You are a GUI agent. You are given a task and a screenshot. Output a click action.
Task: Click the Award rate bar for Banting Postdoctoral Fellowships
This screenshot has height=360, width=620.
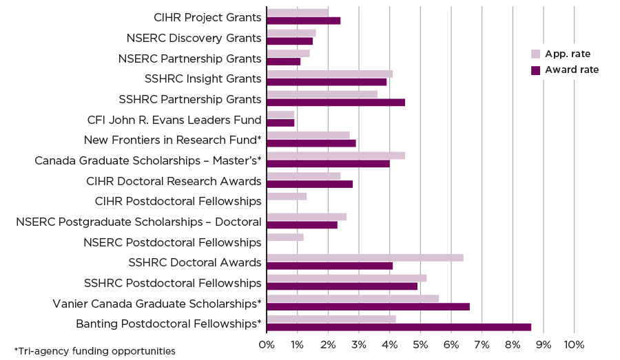(x=399, y=326)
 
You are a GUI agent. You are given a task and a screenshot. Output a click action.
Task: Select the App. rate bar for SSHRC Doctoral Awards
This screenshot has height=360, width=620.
(x=365, y=257)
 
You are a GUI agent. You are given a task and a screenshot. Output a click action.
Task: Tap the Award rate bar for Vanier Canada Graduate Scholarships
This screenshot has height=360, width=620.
(x=368, y=306)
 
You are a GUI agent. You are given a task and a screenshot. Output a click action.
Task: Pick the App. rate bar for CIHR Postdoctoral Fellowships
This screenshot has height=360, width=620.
(x=287, y=196)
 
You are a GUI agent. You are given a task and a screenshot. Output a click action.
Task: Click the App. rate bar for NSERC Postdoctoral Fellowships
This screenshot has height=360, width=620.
(x=285, y=237)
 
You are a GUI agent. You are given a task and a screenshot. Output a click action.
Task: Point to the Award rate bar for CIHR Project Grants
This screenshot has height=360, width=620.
(x=304, y=21)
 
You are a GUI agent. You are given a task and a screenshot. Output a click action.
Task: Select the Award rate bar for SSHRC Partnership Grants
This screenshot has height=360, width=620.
(x=336, y=103)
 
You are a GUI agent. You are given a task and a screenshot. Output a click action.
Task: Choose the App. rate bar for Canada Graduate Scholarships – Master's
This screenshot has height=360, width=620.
(x=336, y=156)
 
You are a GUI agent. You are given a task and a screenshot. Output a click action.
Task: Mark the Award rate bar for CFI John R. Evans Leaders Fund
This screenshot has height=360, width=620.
(x=280, y=123)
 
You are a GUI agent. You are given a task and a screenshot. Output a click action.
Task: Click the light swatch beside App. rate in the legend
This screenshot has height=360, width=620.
(x=535, y=54)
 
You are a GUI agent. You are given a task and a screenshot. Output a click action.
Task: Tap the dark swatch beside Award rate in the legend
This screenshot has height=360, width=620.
(x=535, y=70)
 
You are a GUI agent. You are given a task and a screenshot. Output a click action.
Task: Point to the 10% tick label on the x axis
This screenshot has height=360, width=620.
(x=574, y=344)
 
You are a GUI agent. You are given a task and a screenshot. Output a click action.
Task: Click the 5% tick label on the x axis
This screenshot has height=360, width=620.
(x=420, y=344)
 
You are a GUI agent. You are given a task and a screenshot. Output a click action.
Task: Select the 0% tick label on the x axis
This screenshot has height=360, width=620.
(x=267, y=344)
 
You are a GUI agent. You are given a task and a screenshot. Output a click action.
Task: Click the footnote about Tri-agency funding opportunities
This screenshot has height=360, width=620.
(x=94, y=351)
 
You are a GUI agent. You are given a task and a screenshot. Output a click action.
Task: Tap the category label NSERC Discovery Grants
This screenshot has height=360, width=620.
(x=194, y=38)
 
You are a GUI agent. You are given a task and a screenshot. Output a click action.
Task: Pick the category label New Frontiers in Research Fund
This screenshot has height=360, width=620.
(x=172, y=140)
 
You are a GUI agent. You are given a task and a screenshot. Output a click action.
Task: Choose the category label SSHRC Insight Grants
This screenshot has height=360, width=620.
(x=203, y=78)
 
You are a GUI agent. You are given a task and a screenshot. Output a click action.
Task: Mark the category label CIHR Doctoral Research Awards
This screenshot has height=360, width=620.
(x=174, y=181)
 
